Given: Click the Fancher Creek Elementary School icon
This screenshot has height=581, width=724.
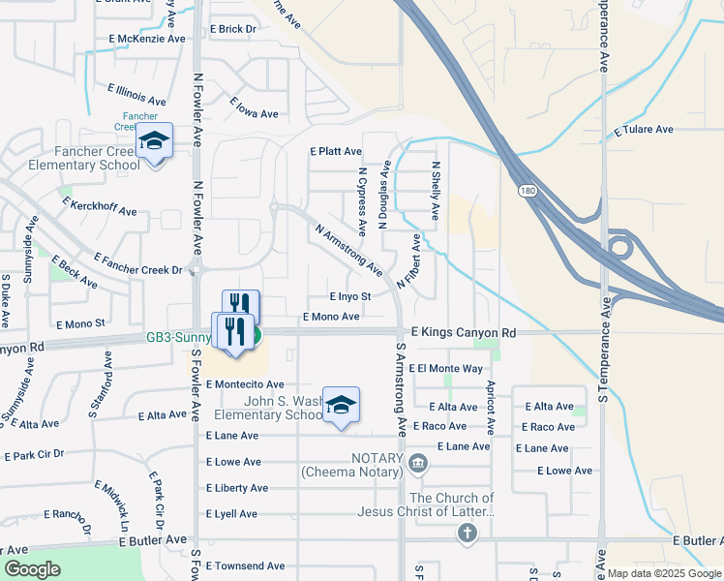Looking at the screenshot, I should pos(154,140).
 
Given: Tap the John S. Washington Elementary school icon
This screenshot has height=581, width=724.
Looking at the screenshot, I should pos(341,405).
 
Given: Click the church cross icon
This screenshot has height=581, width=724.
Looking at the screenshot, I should pos(468,533).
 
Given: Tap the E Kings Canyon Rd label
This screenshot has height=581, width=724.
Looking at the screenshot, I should pos(463,332).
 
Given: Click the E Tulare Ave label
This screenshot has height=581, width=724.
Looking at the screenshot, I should pos(644,129).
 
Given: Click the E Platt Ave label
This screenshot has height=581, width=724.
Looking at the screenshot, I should pos(335,152).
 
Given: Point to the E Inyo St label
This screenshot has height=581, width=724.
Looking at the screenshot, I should pos(350,297).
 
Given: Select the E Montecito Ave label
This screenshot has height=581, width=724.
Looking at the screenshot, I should pos(245,384).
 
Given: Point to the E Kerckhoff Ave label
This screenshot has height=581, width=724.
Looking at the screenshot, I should pos(99,206).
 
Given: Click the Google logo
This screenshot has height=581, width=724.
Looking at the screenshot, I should pos(32,569).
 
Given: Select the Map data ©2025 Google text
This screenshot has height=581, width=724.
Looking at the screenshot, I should pos(664,573).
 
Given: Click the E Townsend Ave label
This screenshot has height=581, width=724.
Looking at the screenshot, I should pos(245,566).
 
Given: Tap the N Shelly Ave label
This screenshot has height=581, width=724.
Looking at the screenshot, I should pos(436,191).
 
